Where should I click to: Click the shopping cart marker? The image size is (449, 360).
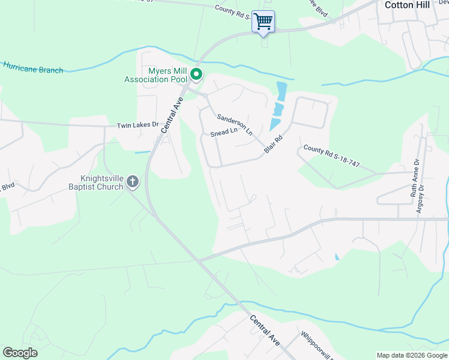pyautogui.click(x=263, y=22)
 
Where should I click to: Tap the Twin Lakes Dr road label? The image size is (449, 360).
pyautogui.click(x=137, y=125)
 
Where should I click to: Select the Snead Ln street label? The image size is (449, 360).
pyautogui.click(x=224, y=132)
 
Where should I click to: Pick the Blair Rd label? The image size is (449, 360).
pyautogui.click(x=273, y=143)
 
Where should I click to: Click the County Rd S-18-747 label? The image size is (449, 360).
pyautogui.click(x=331, y=155)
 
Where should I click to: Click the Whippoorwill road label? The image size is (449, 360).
pyautogui.click(x=313, y=344)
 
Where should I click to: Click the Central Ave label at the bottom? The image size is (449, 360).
pyautogui.click(x=265, y=330)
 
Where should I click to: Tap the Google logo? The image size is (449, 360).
pyautogui.click(x=20, y=353)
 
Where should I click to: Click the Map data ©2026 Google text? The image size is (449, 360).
pyautogui.click(x=412, y=355)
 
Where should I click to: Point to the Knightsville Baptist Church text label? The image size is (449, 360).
pyautogui.click(x=102, y=182)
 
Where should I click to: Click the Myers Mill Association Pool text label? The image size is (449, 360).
pyautogui.click(x=156, y=75)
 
